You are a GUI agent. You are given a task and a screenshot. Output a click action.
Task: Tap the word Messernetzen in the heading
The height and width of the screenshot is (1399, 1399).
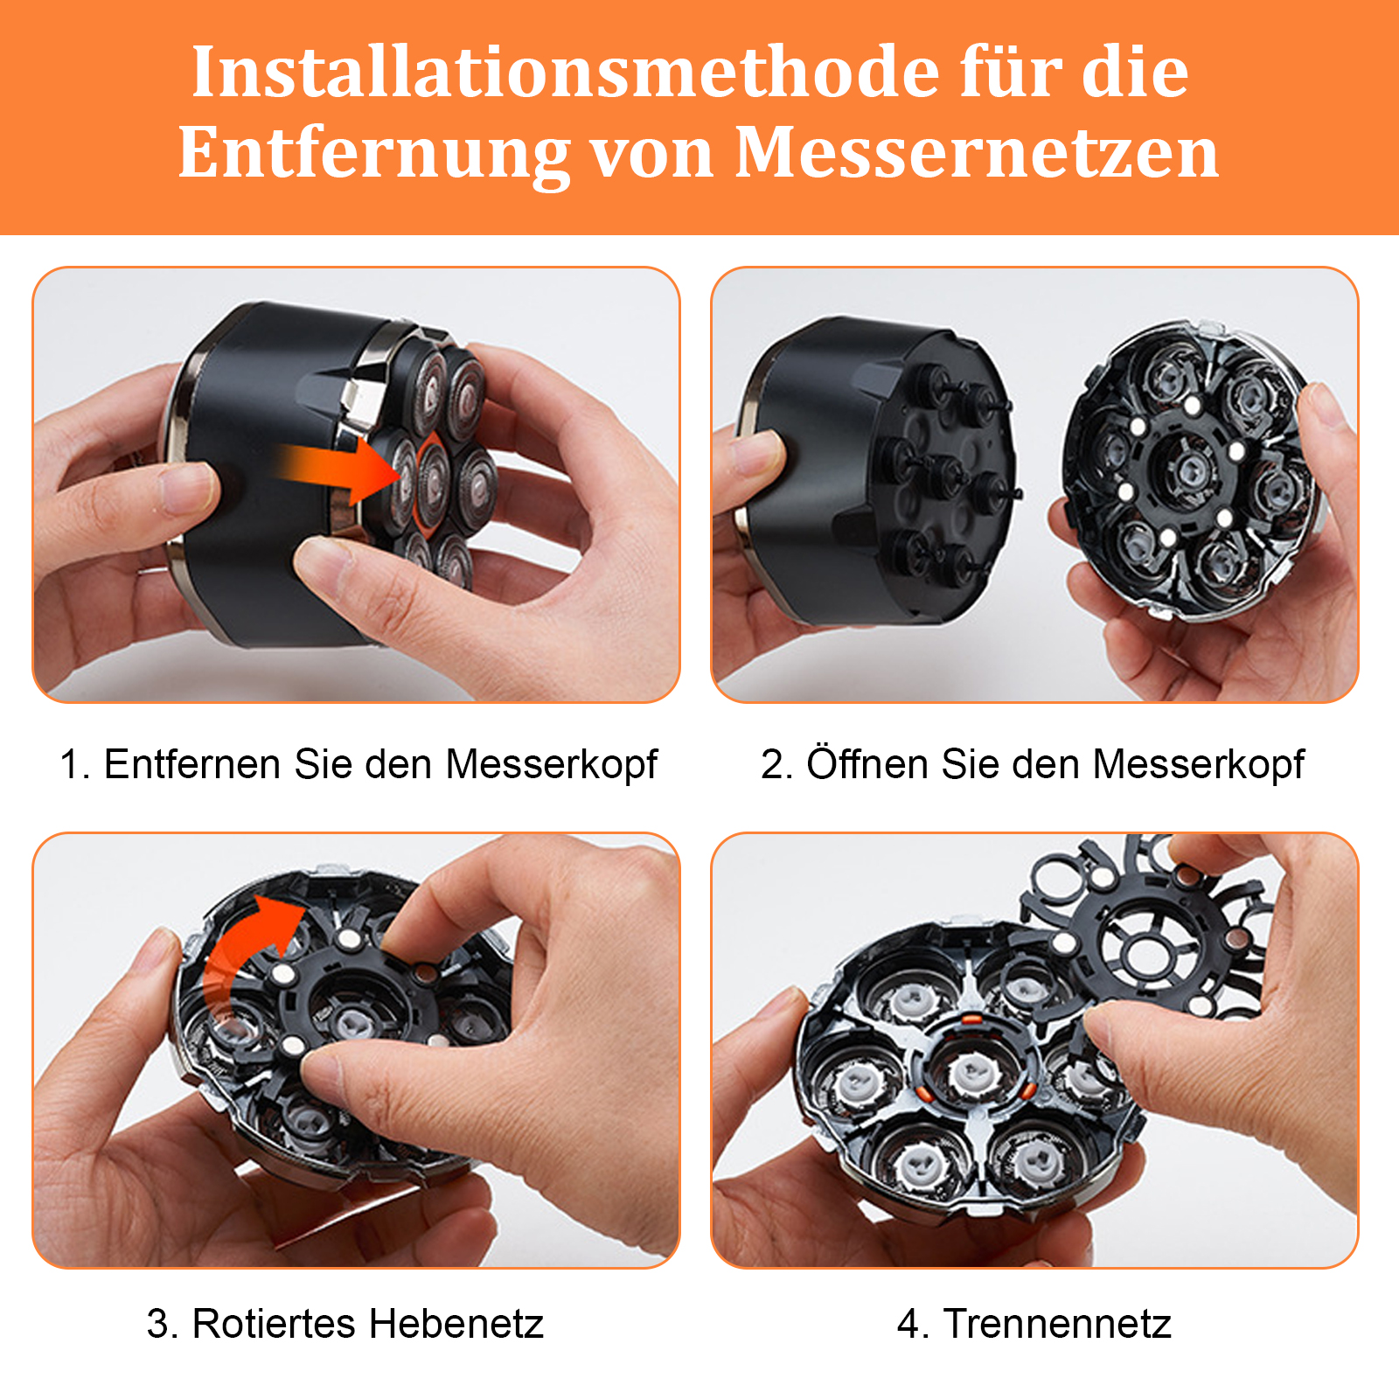coord(977,152)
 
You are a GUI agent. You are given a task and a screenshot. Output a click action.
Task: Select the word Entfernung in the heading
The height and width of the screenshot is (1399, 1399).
coord(374,154)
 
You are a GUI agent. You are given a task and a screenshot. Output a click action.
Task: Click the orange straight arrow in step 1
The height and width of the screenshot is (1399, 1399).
coord(337,471)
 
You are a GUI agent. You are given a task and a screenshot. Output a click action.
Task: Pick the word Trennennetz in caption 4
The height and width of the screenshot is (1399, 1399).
coord(1057,1324)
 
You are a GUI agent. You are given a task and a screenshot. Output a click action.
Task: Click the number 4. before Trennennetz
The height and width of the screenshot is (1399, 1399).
coord(914,1324)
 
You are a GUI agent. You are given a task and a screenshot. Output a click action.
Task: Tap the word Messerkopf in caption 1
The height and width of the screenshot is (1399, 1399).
coord(551,765)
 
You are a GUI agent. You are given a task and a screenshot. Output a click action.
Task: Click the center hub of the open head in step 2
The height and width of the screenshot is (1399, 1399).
coord(1189,472)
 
